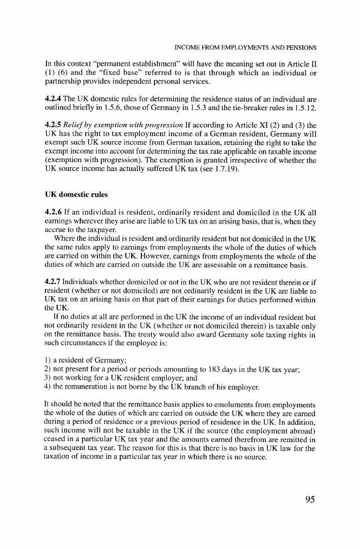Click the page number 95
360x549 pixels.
click(x=310, y=500)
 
